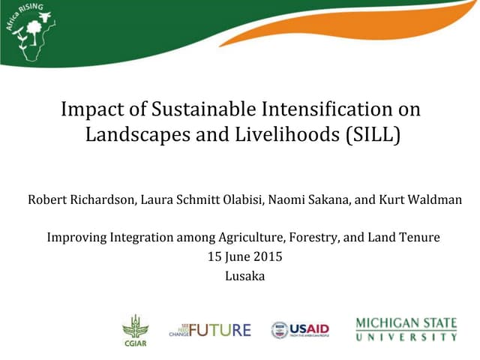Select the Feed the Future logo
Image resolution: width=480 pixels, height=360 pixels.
(x=210, y=329)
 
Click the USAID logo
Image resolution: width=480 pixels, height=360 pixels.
(x=300, y=329)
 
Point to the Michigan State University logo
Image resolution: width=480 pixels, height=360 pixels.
(x=406, y=329)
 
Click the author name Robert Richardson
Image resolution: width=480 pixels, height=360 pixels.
(x=76, y=199)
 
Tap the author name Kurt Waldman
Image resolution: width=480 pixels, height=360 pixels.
(x=424, y=199)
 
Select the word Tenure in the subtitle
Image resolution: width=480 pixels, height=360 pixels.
(x=421, y=238)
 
